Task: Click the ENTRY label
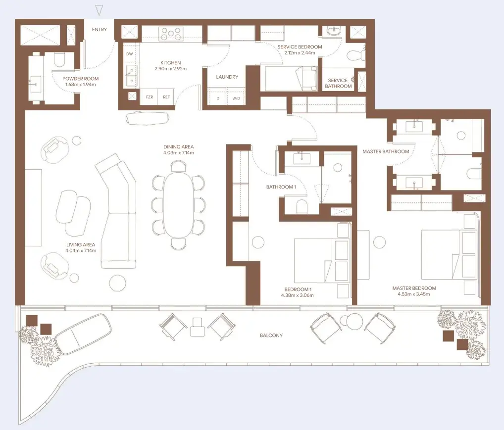pos(100,30)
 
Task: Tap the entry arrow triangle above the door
pos(100,10)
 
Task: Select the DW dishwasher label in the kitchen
pos(130,54)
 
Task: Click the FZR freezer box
pos(149,97)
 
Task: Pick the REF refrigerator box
pos(166,97)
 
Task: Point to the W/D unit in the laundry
pos(236,98)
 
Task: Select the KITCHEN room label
pos(171,63)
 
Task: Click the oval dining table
pos(178,205)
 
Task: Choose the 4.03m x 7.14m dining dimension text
pos(178,153)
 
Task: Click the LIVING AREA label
pos(81,244)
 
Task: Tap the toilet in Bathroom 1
pos(302,206)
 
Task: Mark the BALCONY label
pos(271,335)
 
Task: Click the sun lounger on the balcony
pos(83,334)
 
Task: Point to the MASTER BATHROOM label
pos(386,151)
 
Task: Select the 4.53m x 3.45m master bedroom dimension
pos(414,294)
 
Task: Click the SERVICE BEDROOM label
pos(300,47)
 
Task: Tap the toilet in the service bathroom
pos(356,54)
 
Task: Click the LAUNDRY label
pos(227,77)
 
